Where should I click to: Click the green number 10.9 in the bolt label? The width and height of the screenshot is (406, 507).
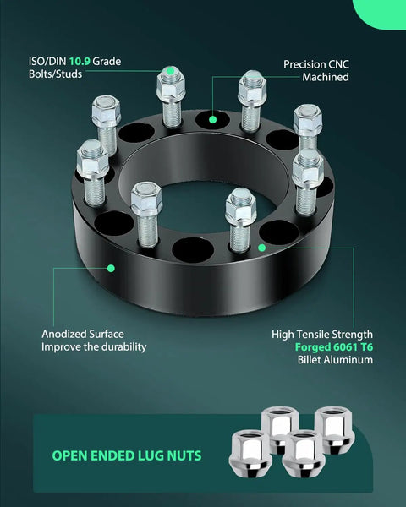(x=80, y=62)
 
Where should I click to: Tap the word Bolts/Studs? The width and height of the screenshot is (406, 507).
(x=55, y=74)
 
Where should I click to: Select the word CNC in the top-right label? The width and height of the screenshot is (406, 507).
(x=337, y=64)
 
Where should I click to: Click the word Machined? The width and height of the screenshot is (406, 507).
(x=326, y=77)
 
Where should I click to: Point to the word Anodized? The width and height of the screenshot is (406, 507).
(x=64, y=334)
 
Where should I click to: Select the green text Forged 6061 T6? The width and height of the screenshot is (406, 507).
(x=334, y=347)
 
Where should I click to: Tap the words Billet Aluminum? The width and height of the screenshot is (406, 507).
(x=335, y=360)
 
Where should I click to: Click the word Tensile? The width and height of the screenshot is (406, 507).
(x=313, y=335)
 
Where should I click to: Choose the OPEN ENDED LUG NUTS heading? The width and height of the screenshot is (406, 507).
(x=127, y=455)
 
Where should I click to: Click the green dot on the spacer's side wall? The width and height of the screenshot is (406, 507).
(x=111, y=269)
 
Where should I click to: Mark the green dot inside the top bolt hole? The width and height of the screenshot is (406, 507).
(x=212, y=120)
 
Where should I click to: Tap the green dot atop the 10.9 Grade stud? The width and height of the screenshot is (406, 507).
(x=171, y=70)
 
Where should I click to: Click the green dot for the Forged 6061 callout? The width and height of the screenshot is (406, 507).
(x=262, y=248)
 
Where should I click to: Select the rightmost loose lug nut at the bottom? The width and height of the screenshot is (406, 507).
(x=334, y=429)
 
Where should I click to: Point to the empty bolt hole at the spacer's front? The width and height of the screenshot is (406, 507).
(x=193, y=249)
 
